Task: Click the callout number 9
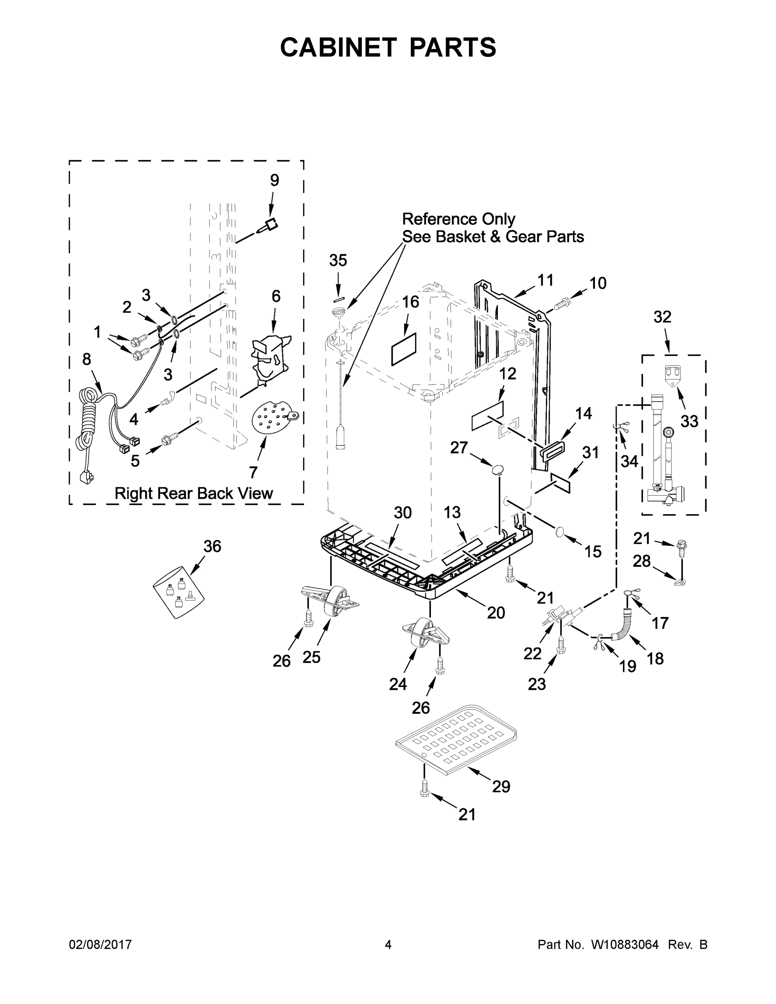point(274,180)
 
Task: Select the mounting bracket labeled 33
point(672,375)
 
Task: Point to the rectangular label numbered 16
point(404,349)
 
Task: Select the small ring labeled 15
point(559,531)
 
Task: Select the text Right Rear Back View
point(194,493)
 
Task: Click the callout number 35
point(338,261)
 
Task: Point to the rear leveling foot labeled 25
point(333,602)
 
